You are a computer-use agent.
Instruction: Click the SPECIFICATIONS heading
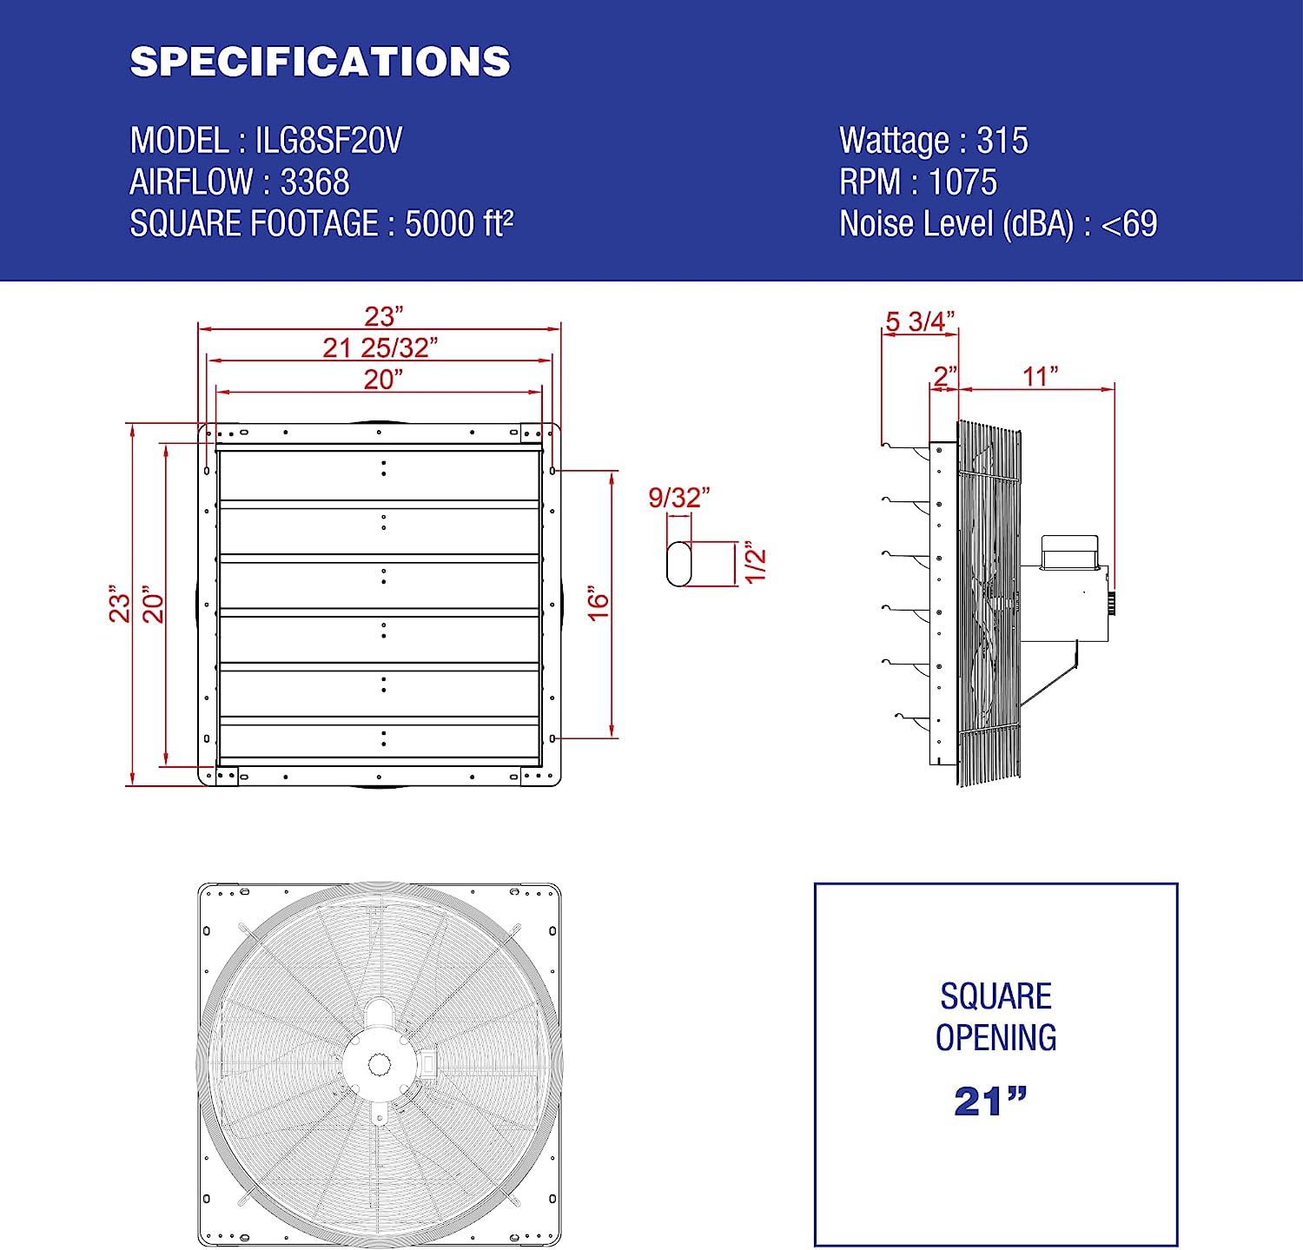320,62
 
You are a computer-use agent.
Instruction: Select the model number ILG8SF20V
328,141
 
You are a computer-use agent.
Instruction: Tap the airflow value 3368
314,182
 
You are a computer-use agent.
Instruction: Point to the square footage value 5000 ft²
459,224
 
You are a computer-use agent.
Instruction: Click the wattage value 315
1002,141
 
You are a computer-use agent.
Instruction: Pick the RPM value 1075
962,182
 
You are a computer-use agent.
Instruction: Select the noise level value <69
1128,224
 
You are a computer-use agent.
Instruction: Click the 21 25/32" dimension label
380,347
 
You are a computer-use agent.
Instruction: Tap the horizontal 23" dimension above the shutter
383,316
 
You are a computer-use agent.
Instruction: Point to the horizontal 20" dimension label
383,379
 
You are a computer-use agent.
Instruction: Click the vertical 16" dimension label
599,603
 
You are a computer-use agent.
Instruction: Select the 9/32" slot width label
678,498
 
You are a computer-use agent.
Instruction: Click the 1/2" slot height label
755,565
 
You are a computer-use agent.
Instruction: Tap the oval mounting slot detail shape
678,564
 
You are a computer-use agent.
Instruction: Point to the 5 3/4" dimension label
919,321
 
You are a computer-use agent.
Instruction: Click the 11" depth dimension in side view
1039,376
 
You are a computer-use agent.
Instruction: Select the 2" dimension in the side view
944,376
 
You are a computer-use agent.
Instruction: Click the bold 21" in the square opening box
989,1101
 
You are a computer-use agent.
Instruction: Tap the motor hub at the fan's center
380,1064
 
